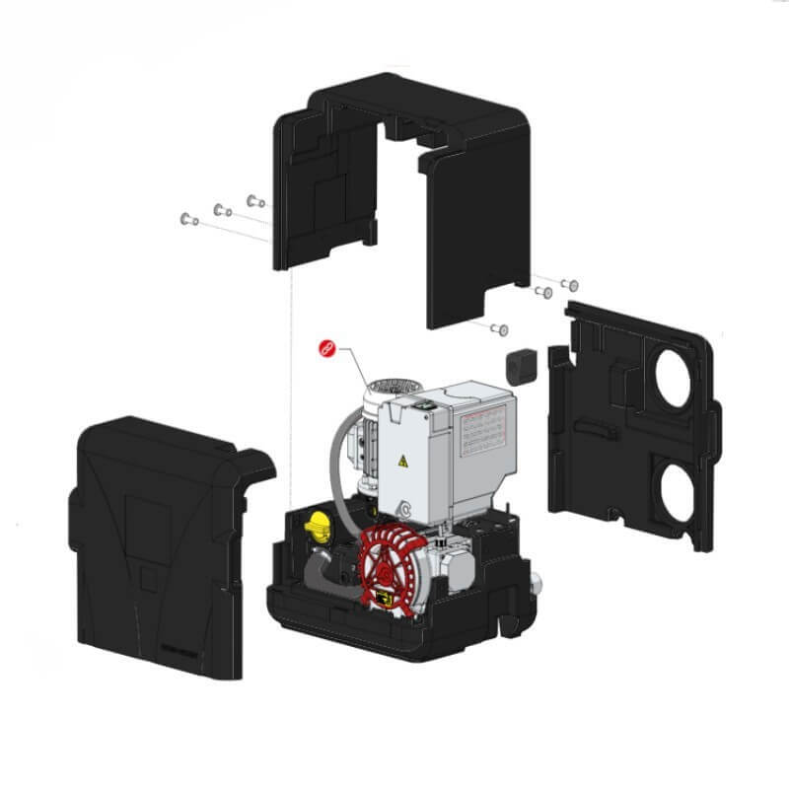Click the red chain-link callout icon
[x=326, y=350]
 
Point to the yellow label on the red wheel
[x=383, y=599]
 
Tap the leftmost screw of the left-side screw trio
[x=185, y=218]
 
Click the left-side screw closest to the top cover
[x=252, y=200]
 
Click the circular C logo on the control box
[x=405, y=509]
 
